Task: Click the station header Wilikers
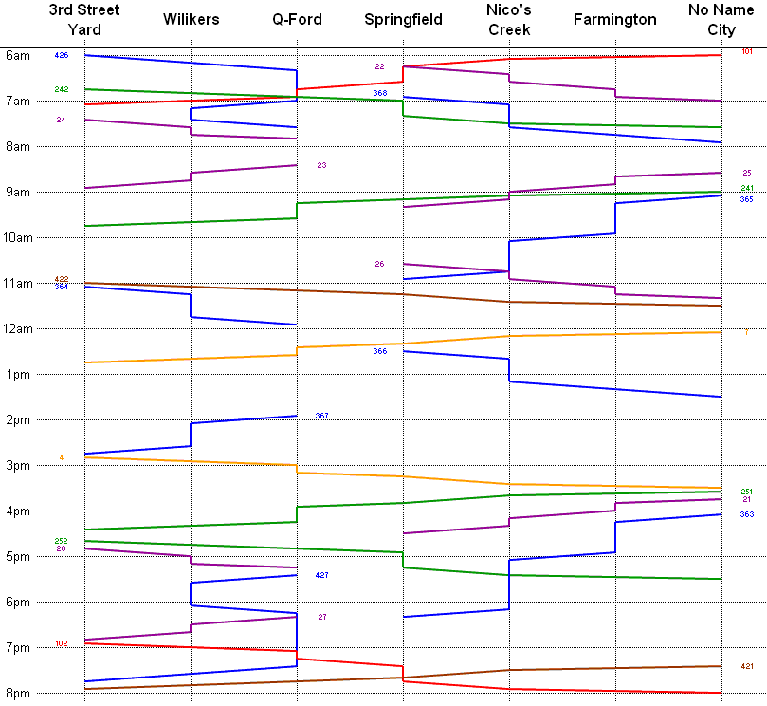[191, 19]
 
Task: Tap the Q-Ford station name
[297, 19]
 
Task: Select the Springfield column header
[403, 19]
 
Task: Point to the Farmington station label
[614, 19]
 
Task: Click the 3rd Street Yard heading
[84, 19]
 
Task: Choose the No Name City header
[721, 19]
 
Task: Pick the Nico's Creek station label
[509, 19]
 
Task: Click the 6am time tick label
[17, 55]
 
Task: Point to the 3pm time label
[17, 465]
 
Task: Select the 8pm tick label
[17, 693]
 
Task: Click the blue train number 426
[62, 56]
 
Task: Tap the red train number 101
[747, 51]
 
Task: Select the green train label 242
[62, 89]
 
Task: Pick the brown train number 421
[747, 666]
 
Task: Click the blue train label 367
[321, 416]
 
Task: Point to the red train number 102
[62, 643]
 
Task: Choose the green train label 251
[747, 491]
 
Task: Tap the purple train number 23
[321, 165]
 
